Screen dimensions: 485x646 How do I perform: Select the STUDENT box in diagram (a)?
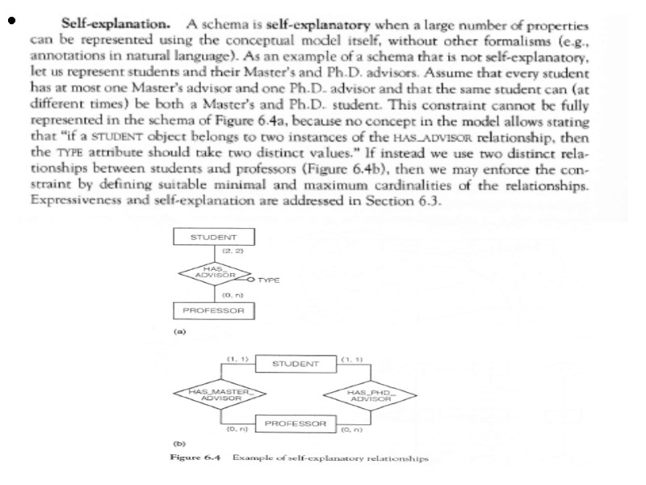(213, 237)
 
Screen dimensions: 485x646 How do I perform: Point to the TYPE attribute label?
(269, 280)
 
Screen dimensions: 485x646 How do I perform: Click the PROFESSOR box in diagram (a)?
(213, 310)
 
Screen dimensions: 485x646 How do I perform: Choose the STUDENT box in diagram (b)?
(295, 364)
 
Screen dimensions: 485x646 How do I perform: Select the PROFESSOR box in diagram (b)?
(295, 424)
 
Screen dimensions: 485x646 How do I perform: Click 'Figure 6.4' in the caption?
(195, 458)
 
